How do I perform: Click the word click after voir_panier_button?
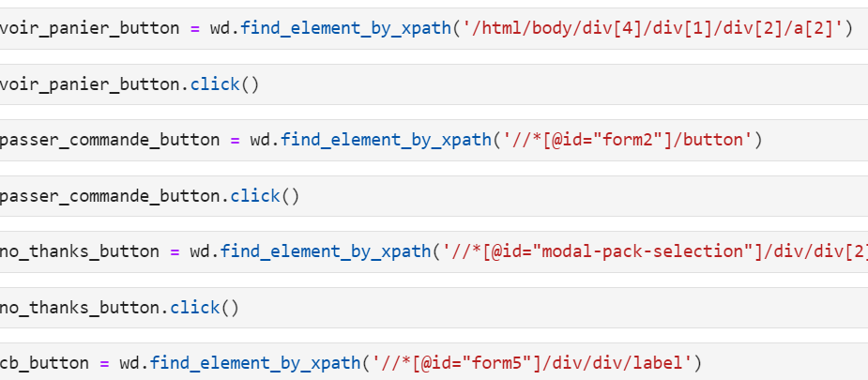coord(215,84)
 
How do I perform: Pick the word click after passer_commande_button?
coord(255,196)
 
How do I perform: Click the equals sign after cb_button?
coord(105,363)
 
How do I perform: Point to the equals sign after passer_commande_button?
coord(236,141)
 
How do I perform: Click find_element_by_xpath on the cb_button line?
coord(251,363)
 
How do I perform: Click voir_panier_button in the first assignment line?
coord(90,28)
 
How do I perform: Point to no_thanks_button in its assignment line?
coord(80,251)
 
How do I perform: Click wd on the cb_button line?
coord(130,363)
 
